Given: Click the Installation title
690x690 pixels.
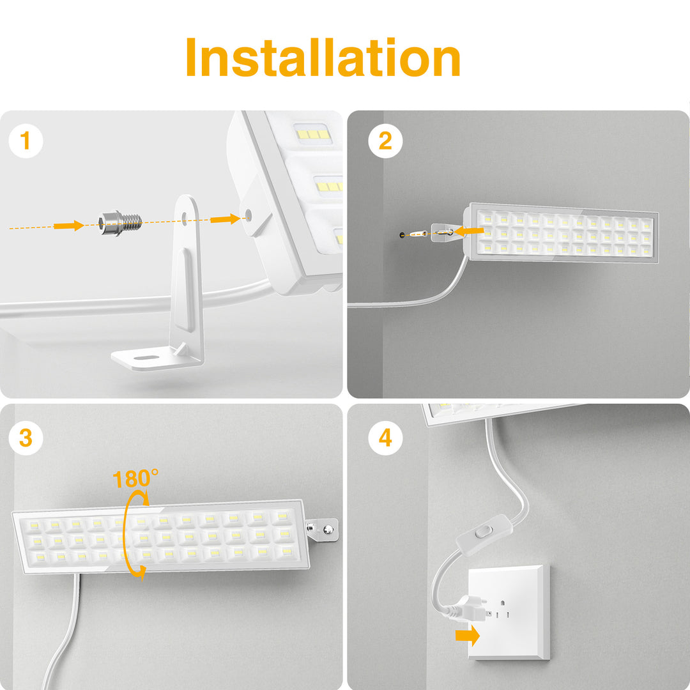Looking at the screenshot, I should tap(323, 59).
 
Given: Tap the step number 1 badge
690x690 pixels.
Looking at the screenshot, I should tap(26, 141).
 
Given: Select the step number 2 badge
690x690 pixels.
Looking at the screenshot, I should tap(385, 141).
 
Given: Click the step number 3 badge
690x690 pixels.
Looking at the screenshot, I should tap(26, 438).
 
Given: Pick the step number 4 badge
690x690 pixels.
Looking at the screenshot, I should tap(385, 438).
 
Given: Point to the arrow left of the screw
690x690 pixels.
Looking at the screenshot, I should tap(69, 225).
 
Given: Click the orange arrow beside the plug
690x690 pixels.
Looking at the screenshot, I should tap(465, 636).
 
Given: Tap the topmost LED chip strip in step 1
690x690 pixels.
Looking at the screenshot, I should tap(312, 134).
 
